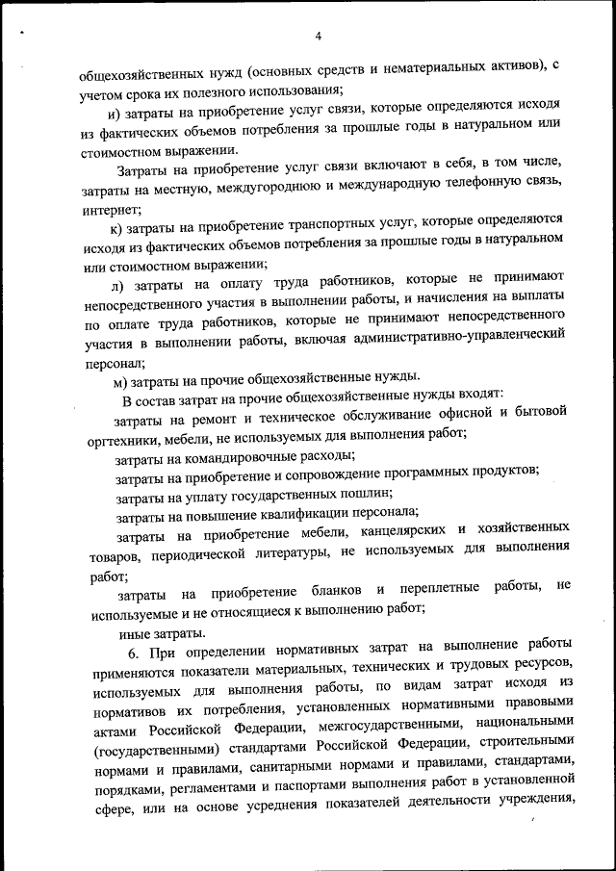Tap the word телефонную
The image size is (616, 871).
point(479,191)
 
